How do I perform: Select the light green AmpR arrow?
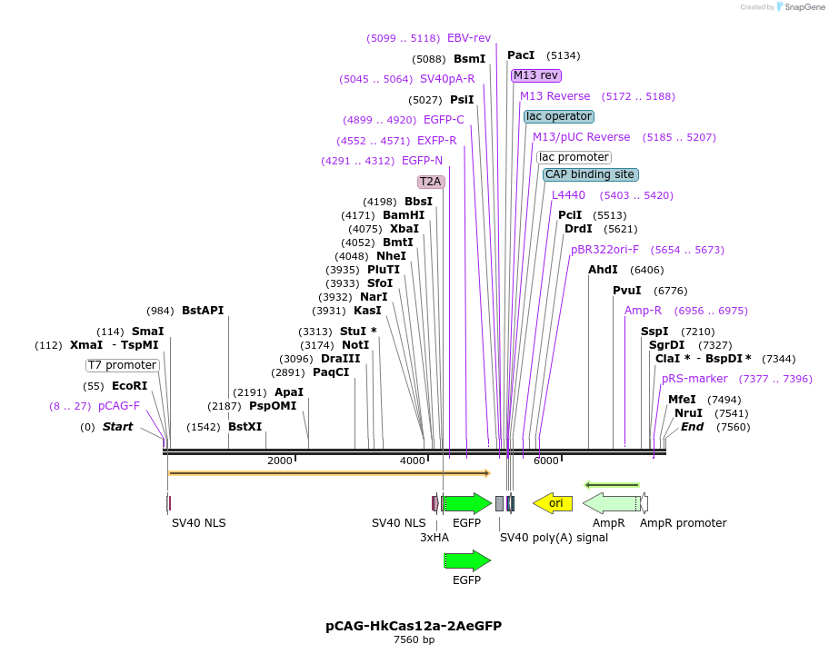tap(611, 503)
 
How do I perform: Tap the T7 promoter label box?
tap(123, 365)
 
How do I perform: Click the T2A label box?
tap(431, 182)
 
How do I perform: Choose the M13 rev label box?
tap(536, 75)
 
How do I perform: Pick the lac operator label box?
tap(559, 116)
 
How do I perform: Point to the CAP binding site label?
tap(590, 174)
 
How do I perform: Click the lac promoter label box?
tap(574, 157)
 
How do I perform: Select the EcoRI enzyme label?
tap(129, 386)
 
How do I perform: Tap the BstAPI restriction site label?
tap(203, 311)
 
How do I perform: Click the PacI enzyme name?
tap(521, 55)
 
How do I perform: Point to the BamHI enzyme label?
tap(404, 215)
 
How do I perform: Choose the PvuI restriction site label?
tap(627, 291)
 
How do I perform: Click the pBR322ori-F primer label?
tap(605, 250)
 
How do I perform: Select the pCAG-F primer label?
tap(119, 406)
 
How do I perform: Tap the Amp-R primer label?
tap(644, 311)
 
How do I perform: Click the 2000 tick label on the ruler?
tap(280, 461)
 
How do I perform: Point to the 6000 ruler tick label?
tap(545, 461)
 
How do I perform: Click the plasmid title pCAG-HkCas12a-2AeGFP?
tap(414, 626)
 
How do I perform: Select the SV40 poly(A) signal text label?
tap(554, 538)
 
